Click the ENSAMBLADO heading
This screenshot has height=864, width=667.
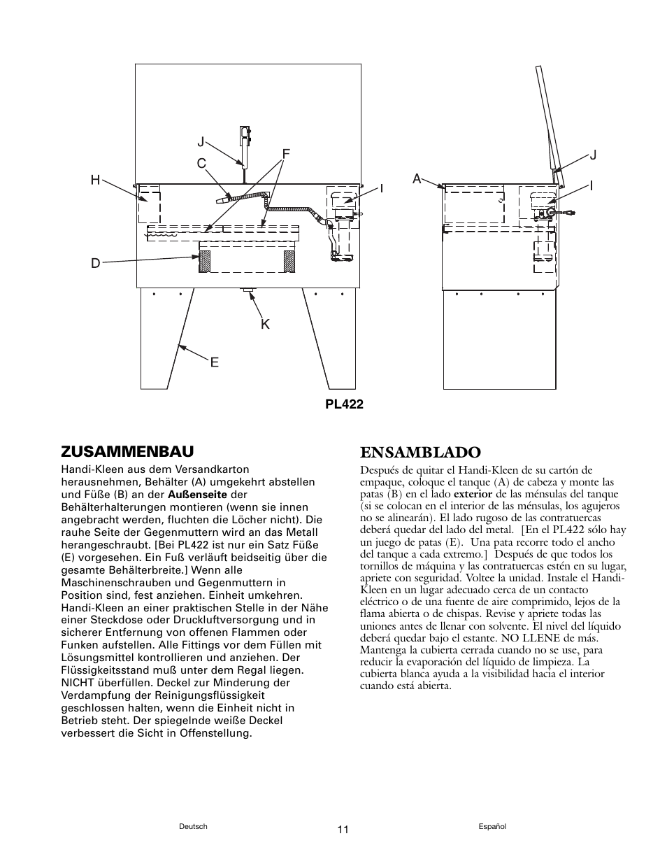[420, 453]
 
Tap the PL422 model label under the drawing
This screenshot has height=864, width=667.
[343, 404]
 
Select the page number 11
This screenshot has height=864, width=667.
[343, 830]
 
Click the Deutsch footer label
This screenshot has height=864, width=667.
[194, 826]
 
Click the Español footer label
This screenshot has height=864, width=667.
[492, 826]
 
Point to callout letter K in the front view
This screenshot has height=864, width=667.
[266, 324]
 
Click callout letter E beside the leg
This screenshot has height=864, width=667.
[215, 362]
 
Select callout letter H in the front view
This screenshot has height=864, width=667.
[95, 180]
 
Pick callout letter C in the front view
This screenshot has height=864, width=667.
[201, 164]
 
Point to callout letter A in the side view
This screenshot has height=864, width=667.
[417, 178]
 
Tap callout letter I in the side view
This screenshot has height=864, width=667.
[591, 186]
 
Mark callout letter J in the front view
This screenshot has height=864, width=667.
[201, 142]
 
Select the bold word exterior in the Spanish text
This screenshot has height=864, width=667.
[473, 494]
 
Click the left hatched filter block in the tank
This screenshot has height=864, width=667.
[206, 262]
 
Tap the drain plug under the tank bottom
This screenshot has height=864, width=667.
[245, 289]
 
